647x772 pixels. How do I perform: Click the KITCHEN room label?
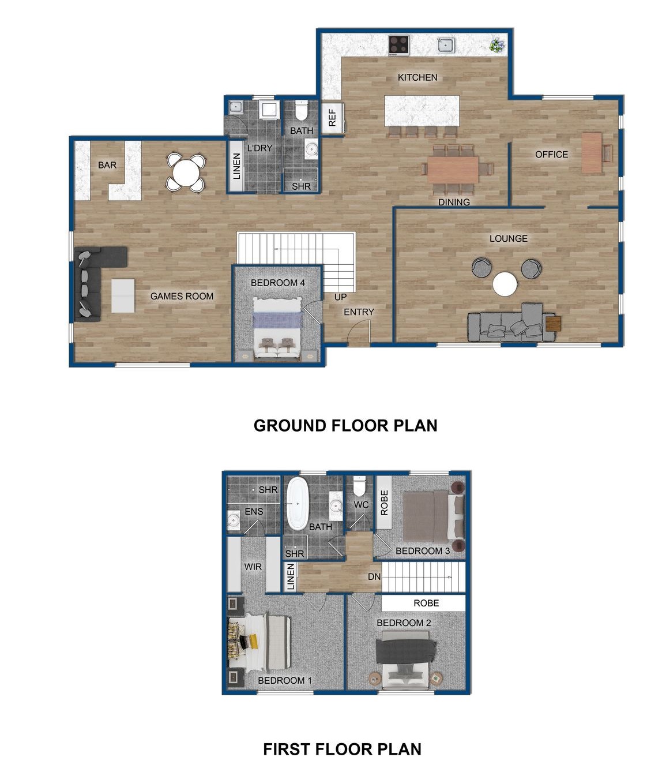pos(417,77)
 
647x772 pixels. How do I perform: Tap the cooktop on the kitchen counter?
pos(398,44)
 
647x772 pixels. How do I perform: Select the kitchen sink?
pos(445,44)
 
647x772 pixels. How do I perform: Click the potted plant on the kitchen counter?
pos(496,44)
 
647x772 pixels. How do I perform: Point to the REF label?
pos(332,118)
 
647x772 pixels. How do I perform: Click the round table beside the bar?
pos(186,171)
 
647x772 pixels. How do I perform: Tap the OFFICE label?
pos(551,155)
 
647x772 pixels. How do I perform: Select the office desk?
pos(592,153)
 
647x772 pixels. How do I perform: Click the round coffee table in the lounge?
pos(505,284)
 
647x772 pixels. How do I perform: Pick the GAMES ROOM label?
pos(182,296)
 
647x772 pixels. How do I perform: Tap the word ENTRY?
pos(359,312)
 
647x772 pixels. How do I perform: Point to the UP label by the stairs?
pos(341,297)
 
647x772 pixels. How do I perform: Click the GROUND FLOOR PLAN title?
pos(345,426)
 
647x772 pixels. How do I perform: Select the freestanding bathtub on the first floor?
pos(298,503)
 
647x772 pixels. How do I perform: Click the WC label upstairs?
pos(361,505)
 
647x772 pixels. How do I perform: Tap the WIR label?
pos(253,567)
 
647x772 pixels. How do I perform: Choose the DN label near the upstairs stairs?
pos(374,577)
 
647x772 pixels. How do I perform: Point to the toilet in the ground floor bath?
pos(301,110)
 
